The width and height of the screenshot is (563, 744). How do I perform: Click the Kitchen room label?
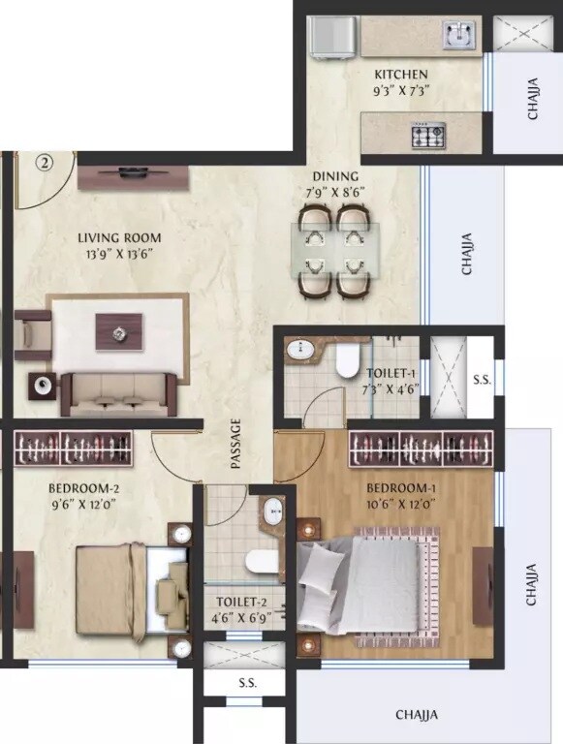(x=401, y=75)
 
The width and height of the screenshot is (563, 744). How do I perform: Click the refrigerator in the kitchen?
(x=332, y=38)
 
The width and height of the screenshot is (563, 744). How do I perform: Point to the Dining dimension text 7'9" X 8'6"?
(x=336, y=192)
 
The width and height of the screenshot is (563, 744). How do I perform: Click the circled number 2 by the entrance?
(x=44, y=163)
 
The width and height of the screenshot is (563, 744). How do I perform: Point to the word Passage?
(x=235, y=445)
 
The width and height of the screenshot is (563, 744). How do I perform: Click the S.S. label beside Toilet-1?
(x=481, y=381)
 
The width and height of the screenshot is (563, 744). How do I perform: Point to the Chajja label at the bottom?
(x=417, y=715)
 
